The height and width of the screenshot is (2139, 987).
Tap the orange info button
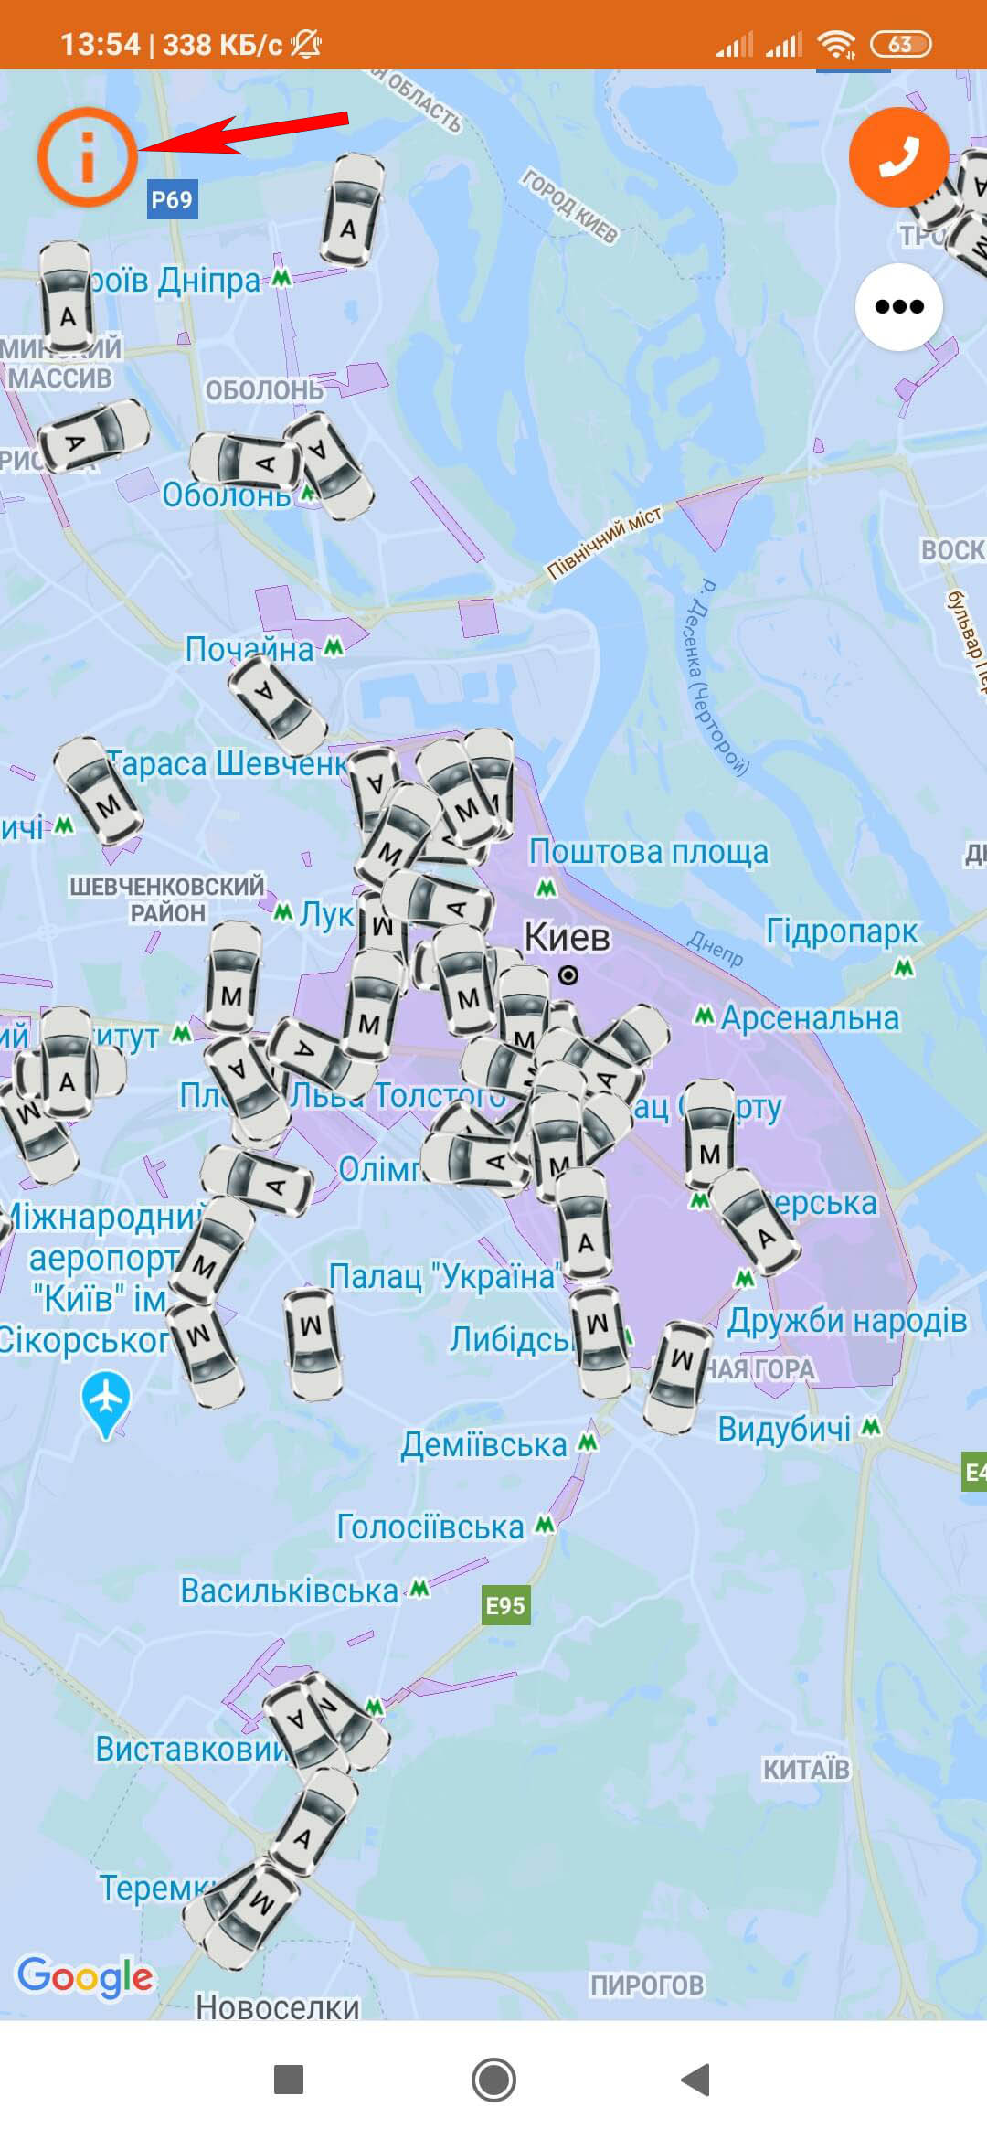point(88,157)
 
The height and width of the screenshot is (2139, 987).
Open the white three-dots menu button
point(899,306)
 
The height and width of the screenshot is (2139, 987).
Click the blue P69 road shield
point(172,199)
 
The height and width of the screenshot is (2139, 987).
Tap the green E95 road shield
point(505,1605)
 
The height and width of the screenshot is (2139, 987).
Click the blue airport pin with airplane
point(106,1400)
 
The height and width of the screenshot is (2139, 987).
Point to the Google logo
point(85,1976)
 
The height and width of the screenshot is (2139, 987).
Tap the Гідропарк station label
point(842,931)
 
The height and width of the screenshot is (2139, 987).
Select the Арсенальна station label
point(810,1017)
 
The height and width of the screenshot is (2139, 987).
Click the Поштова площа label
point(649,852)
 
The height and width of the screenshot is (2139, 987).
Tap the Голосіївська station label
point(430,1527)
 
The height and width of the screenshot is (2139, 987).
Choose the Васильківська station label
point(290,1591)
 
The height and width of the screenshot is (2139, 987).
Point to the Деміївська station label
point(484,1445)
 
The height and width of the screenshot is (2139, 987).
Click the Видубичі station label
point(784,1429)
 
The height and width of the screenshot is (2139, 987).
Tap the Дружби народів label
point(847,1320)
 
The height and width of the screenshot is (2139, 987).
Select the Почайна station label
point(249,649)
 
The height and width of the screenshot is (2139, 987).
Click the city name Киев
point(567,937)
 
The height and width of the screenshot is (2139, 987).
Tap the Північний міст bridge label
point(603,543)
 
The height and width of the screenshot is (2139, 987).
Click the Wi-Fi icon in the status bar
point(835,44)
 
